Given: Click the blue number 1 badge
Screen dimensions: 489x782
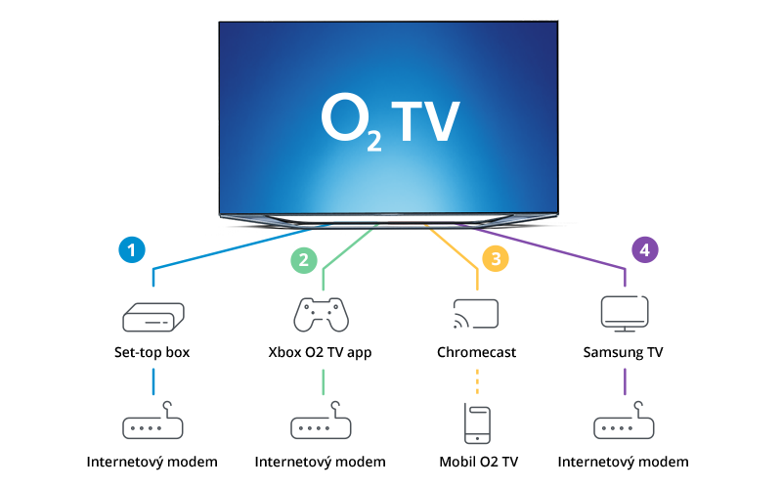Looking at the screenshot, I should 131,249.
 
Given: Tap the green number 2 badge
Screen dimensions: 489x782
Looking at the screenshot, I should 304,260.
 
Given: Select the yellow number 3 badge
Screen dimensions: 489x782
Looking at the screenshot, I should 496,259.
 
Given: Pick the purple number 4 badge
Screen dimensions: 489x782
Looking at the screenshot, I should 644,249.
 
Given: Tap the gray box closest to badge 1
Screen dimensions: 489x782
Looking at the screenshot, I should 153,317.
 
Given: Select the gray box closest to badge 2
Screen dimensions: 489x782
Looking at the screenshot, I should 321,315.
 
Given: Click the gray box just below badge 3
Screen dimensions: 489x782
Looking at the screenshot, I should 475,313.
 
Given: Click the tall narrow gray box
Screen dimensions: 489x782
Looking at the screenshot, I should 477,423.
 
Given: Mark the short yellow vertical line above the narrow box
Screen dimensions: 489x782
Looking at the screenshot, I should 477,380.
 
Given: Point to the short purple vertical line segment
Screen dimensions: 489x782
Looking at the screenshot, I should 624,381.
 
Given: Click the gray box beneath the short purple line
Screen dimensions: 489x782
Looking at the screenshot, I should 624,421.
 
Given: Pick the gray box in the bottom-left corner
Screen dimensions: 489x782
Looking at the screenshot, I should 152,421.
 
